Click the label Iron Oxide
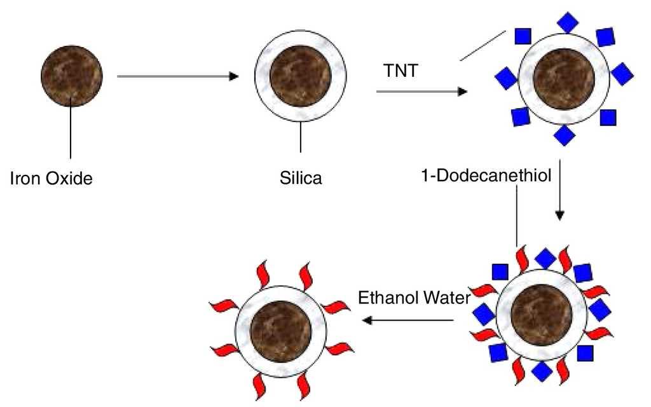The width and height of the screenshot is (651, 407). (52, 179)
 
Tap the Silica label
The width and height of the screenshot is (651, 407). (301, 179)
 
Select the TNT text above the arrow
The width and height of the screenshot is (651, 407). (401, 71)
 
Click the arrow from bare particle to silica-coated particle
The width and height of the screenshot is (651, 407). (177, 76)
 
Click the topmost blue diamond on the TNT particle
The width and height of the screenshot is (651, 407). (567, 22)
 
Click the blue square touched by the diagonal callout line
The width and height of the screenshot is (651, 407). (523, 36)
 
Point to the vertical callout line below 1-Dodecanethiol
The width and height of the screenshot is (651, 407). (517, 216)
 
